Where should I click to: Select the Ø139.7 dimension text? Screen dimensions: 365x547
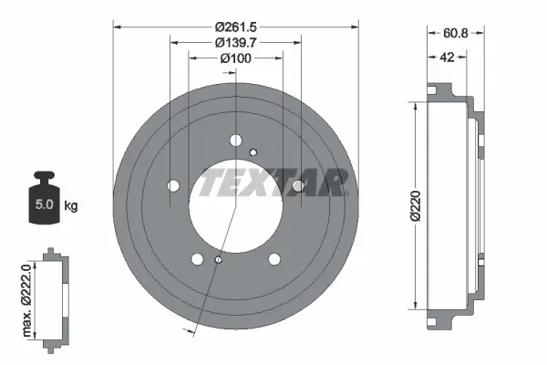click(x=235, y=41)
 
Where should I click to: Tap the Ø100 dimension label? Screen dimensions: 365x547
click(x=235, y=57)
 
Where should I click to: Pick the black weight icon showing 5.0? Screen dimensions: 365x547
click(x=43, y=195)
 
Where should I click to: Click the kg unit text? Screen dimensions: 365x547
click(x=71, y=205)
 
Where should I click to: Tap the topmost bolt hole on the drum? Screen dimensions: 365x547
click(x=235, y=141)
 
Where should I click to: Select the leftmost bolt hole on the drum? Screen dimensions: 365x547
click(x=173, y=185)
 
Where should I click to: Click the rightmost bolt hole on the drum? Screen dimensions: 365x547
click(x=297, y=186)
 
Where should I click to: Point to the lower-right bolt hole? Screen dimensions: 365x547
click(x=273, y=259)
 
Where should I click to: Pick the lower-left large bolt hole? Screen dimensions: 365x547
click(x=197, y=259)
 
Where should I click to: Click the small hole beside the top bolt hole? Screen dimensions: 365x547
click(x=253, y=151)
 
